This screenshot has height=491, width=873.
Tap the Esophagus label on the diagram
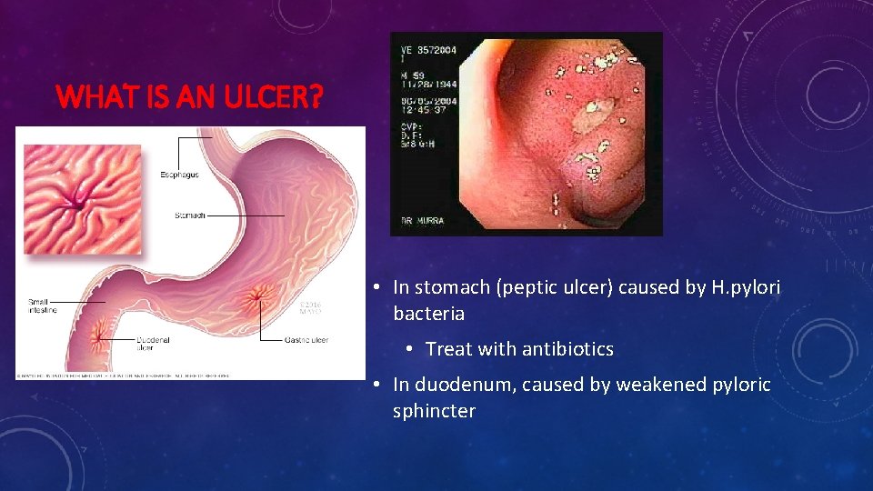pos(180,174)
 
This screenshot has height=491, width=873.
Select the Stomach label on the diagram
pos(190,215)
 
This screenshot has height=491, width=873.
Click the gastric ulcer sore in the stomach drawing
pos(256,295)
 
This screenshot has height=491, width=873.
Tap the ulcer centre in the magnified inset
pos(81,198)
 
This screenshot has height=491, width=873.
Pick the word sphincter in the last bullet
pos(434,411)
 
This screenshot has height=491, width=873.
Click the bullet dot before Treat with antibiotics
pos(411,349)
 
